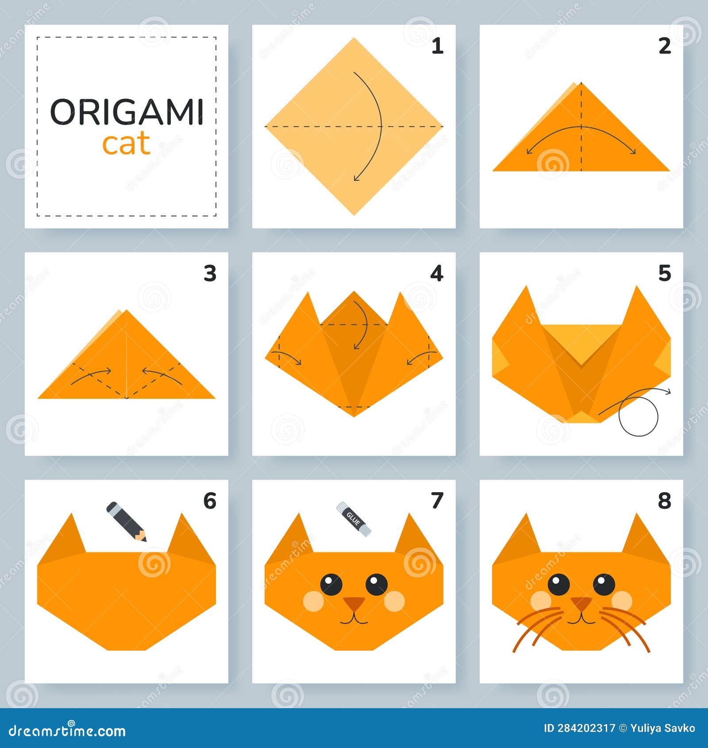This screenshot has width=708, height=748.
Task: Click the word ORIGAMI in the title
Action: coord(127,112)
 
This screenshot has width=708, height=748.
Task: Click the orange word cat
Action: coord(126,145)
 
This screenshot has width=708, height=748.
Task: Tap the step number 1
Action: coord(437,46)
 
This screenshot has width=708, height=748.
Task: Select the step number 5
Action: coord(664,274)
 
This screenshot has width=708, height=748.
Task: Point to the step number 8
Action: coord(664,501)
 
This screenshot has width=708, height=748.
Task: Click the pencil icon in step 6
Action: coord(126,521)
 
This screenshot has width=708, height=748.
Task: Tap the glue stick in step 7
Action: coord(354,519)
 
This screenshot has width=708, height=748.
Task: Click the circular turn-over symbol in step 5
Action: coord(638,416)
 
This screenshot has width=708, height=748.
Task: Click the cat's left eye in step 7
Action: coord(331,584)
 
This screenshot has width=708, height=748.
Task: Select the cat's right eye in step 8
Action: coord(604,584)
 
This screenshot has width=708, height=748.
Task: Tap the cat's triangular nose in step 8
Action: coord(581,602)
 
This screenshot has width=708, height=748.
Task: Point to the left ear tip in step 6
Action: coord(72,516)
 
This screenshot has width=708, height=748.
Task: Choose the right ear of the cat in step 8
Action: coord(641,536)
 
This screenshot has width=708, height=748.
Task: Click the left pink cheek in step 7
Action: coord(313,601)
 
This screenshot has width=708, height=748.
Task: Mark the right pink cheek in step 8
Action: coord(622,601)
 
